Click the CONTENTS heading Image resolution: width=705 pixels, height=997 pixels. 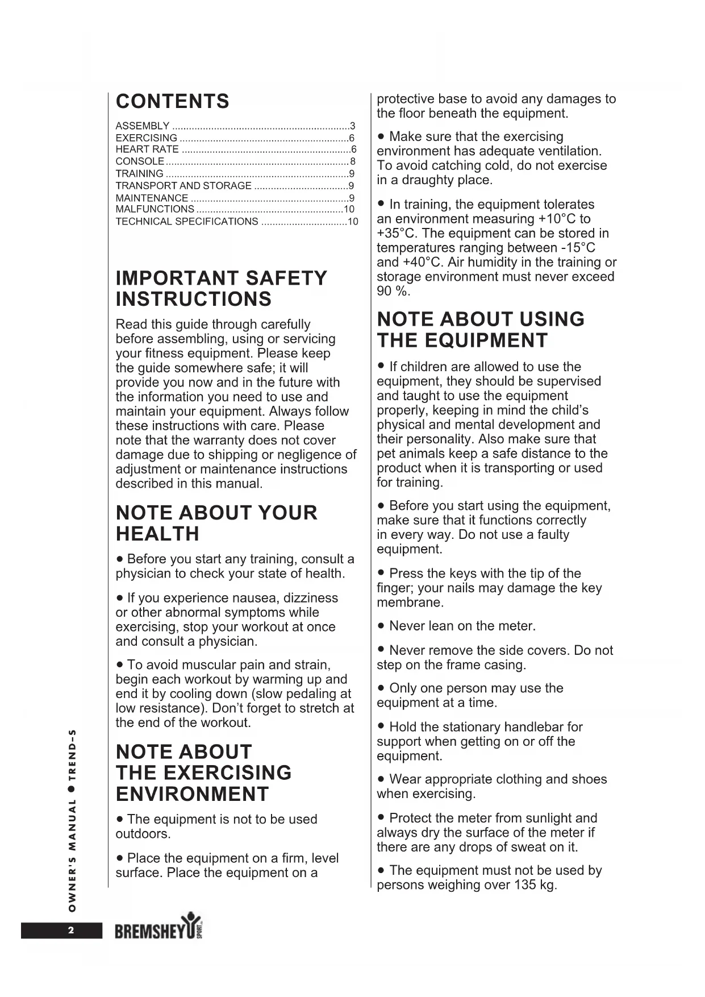[173, 102]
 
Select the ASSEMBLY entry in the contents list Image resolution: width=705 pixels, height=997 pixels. [143, 126]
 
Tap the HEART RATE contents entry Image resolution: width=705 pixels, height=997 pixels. [147, 149]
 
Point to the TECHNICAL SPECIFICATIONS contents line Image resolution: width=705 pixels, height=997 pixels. [187, 222]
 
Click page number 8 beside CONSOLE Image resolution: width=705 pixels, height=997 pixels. [353, 161]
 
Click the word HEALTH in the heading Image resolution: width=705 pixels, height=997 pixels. [157, 534]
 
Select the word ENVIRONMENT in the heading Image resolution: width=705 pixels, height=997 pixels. [192, 794]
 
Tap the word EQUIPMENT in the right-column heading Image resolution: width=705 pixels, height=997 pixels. [486, 341]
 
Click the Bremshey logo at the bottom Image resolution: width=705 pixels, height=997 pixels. [158, 929]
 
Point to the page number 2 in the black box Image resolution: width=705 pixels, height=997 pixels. [71, 930]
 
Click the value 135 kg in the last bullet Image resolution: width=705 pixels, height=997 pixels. [535, 885]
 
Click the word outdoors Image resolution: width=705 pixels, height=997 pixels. [143, 834]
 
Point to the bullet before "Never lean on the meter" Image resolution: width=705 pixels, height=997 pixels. [381, 626]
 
